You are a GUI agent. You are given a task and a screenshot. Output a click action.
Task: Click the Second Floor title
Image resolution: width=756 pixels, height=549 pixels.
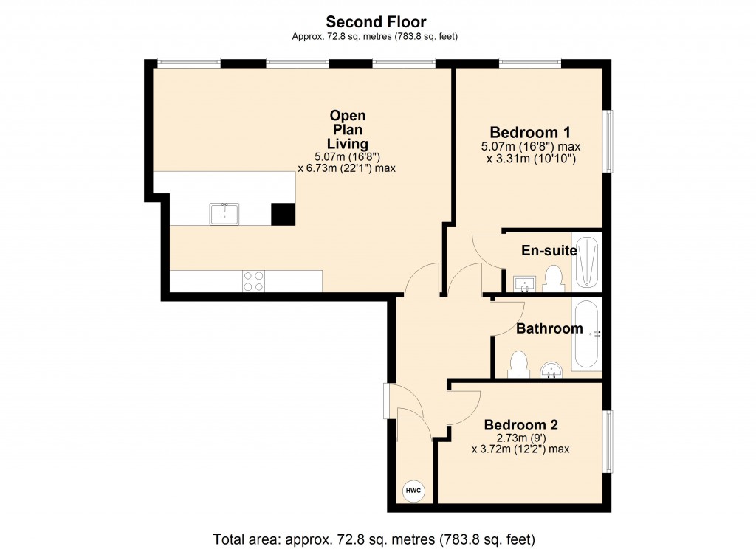377,22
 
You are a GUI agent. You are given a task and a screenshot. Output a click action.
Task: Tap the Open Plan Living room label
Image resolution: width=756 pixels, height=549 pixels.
348,130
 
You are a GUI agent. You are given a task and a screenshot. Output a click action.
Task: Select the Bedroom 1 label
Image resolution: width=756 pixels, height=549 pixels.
529,133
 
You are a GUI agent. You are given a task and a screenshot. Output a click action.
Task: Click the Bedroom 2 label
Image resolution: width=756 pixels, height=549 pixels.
520,425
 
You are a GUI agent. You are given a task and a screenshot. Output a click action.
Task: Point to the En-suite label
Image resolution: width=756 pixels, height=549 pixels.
549,251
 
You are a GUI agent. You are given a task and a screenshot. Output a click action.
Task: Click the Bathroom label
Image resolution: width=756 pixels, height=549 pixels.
549,328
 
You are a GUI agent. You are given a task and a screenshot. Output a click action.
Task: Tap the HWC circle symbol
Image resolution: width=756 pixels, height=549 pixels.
412,489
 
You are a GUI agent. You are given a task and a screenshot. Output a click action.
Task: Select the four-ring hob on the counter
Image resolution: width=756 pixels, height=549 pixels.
254,281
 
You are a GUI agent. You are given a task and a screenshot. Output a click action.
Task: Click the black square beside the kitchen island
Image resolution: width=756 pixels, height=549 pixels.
282,214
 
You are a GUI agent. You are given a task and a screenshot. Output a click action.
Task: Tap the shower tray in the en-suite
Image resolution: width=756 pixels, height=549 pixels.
588,263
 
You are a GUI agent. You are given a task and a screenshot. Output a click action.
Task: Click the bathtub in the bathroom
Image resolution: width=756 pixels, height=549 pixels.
588,334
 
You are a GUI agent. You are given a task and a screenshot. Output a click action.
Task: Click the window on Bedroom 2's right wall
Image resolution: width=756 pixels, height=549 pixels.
608,441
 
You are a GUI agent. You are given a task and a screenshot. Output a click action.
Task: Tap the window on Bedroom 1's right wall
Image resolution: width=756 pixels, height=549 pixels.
608,141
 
